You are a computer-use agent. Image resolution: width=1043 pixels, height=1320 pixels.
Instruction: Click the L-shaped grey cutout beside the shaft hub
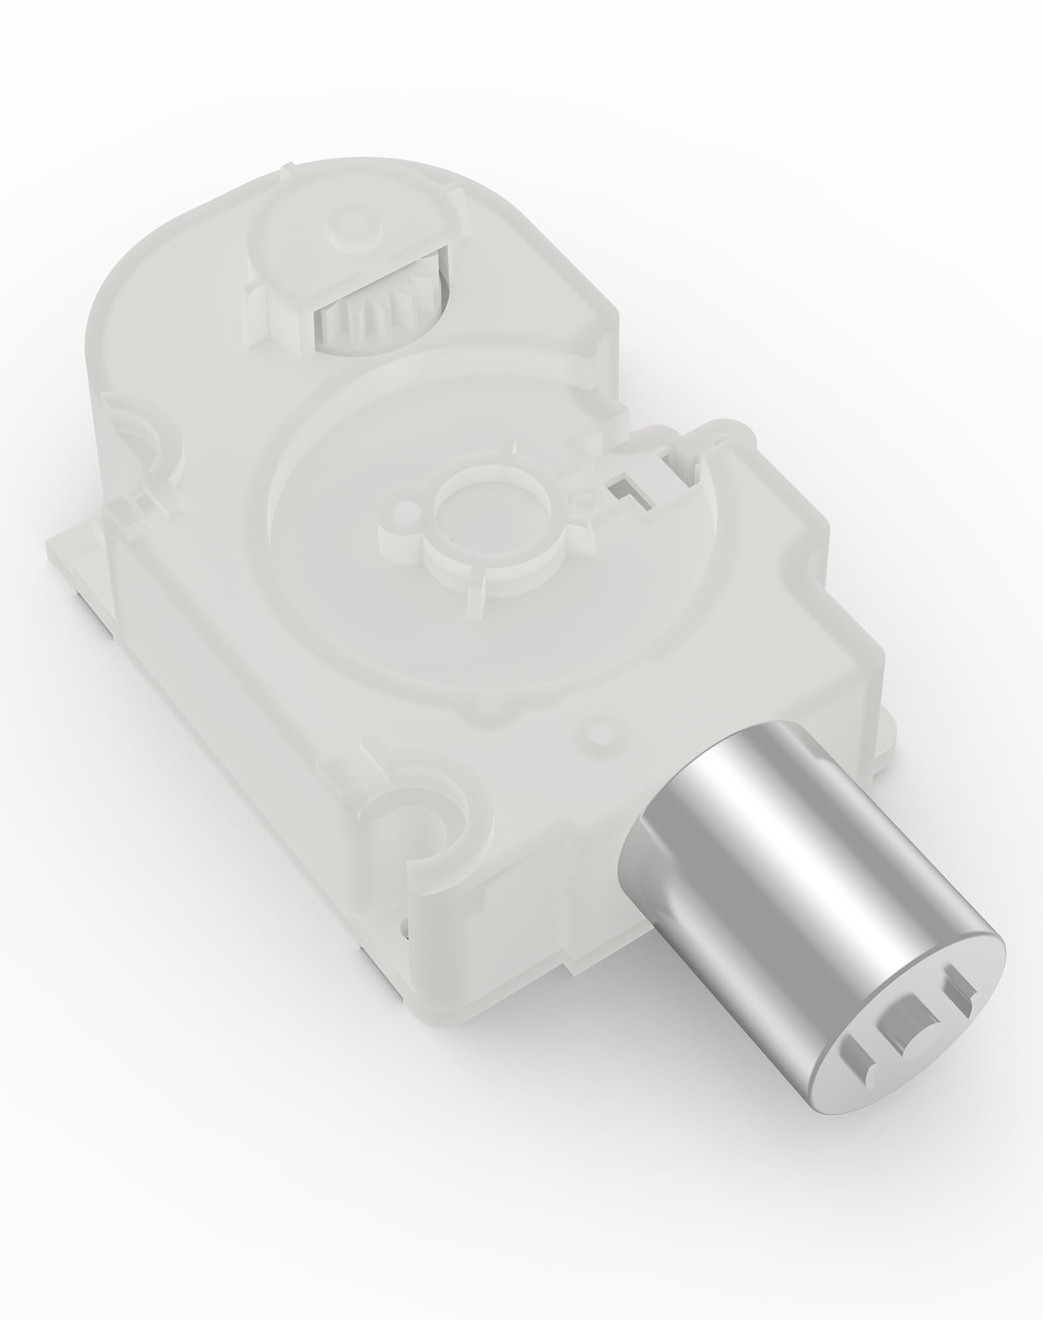point(627,492)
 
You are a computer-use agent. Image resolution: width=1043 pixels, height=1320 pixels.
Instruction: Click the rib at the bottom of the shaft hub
point(475,597)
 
